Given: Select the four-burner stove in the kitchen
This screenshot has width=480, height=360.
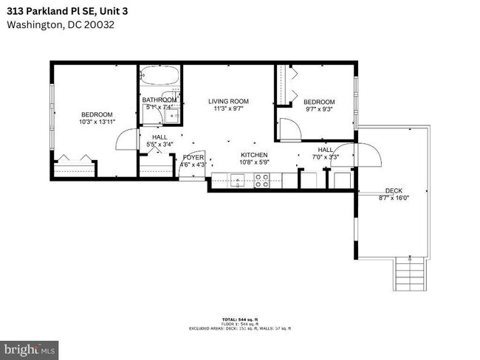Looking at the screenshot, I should pos(262,179).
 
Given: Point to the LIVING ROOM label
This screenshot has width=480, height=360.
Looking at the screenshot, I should pos(228,101).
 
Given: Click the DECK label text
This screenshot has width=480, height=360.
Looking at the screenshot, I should pos(393,190).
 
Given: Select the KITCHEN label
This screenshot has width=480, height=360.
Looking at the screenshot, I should pos(253,155).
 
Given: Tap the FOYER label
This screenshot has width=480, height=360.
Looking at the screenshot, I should pos(193,157).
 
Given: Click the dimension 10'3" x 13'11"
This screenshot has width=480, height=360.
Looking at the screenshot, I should pos(97,122).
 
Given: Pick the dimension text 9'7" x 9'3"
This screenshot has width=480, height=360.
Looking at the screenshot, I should pos(318,110).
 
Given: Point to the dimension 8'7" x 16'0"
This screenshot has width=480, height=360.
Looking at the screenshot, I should pos(393,197).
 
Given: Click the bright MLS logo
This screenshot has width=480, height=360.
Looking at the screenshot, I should pos(30,347).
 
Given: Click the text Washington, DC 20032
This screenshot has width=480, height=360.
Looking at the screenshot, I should pos(60,24).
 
